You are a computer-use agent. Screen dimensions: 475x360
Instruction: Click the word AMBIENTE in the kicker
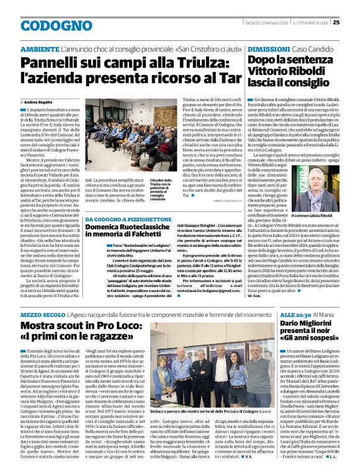coord(41,49)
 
